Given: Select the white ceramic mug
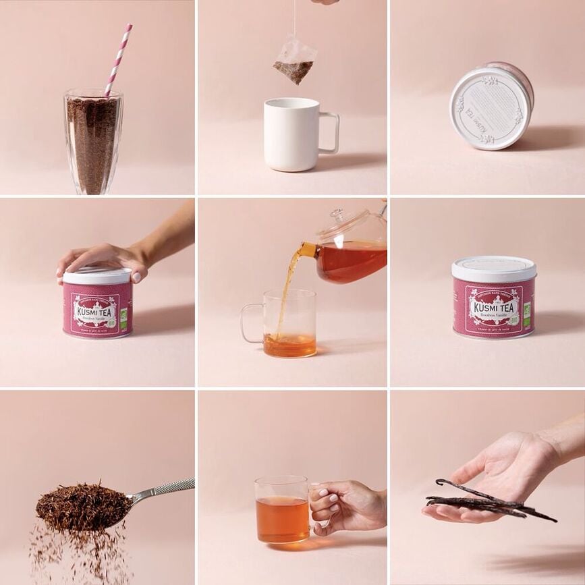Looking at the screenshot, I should (x=291, y=134).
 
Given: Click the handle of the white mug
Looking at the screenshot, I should (x=329, y=132).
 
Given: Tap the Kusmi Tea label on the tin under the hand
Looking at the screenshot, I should (x=96, y=312).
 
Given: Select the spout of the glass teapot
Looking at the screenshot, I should (x=306, y=250).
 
